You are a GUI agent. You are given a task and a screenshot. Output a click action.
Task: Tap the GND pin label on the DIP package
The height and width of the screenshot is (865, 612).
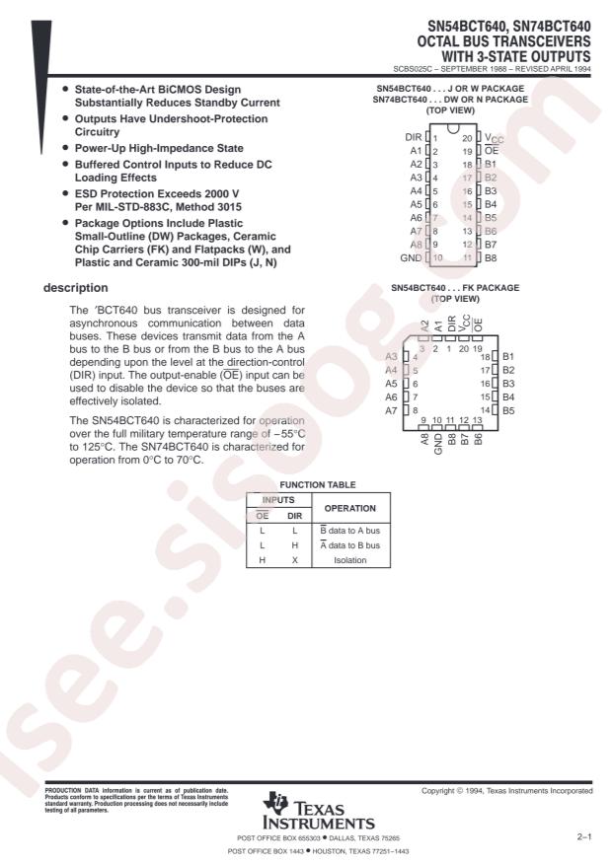(411, 256)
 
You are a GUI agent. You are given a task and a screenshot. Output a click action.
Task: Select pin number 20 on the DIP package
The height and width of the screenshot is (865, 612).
(467, 137)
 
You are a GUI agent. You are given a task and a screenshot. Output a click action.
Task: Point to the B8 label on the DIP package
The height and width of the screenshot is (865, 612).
(491, 256)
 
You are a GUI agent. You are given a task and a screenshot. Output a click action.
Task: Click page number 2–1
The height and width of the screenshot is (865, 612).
(584, 836)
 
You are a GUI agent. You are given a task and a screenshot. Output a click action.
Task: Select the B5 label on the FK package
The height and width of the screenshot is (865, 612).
(508, 408)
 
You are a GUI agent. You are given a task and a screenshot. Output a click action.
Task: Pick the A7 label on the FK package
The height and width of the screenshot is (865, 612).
(392, 408)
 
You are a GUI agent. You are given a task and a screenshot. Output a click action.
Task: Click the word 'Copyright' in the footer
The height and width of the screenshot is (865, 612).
(443, 792)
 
